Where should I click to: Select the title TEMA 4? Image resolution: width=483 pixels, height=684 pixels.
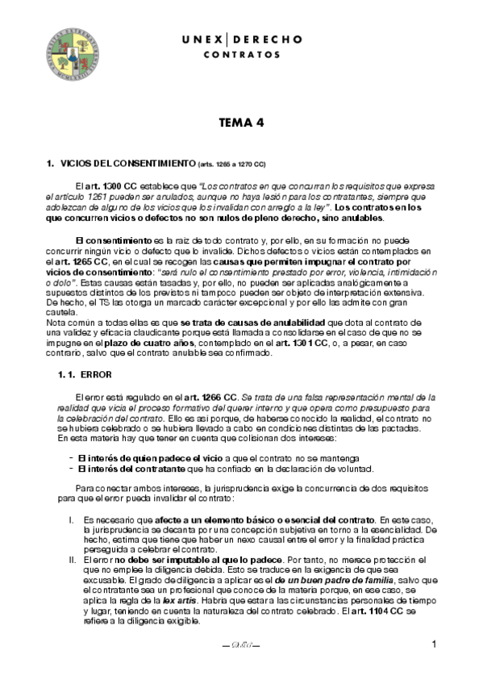coord(241,123)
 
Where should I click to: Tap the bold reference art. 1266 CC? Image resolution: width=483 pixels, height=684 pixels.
coord(210,397)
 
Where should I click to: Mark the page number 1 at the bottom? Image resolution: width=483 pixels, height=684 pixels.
coord(434,644)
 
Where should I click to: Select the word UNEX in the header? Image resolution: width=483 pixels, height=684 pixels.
coord(198,39)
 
